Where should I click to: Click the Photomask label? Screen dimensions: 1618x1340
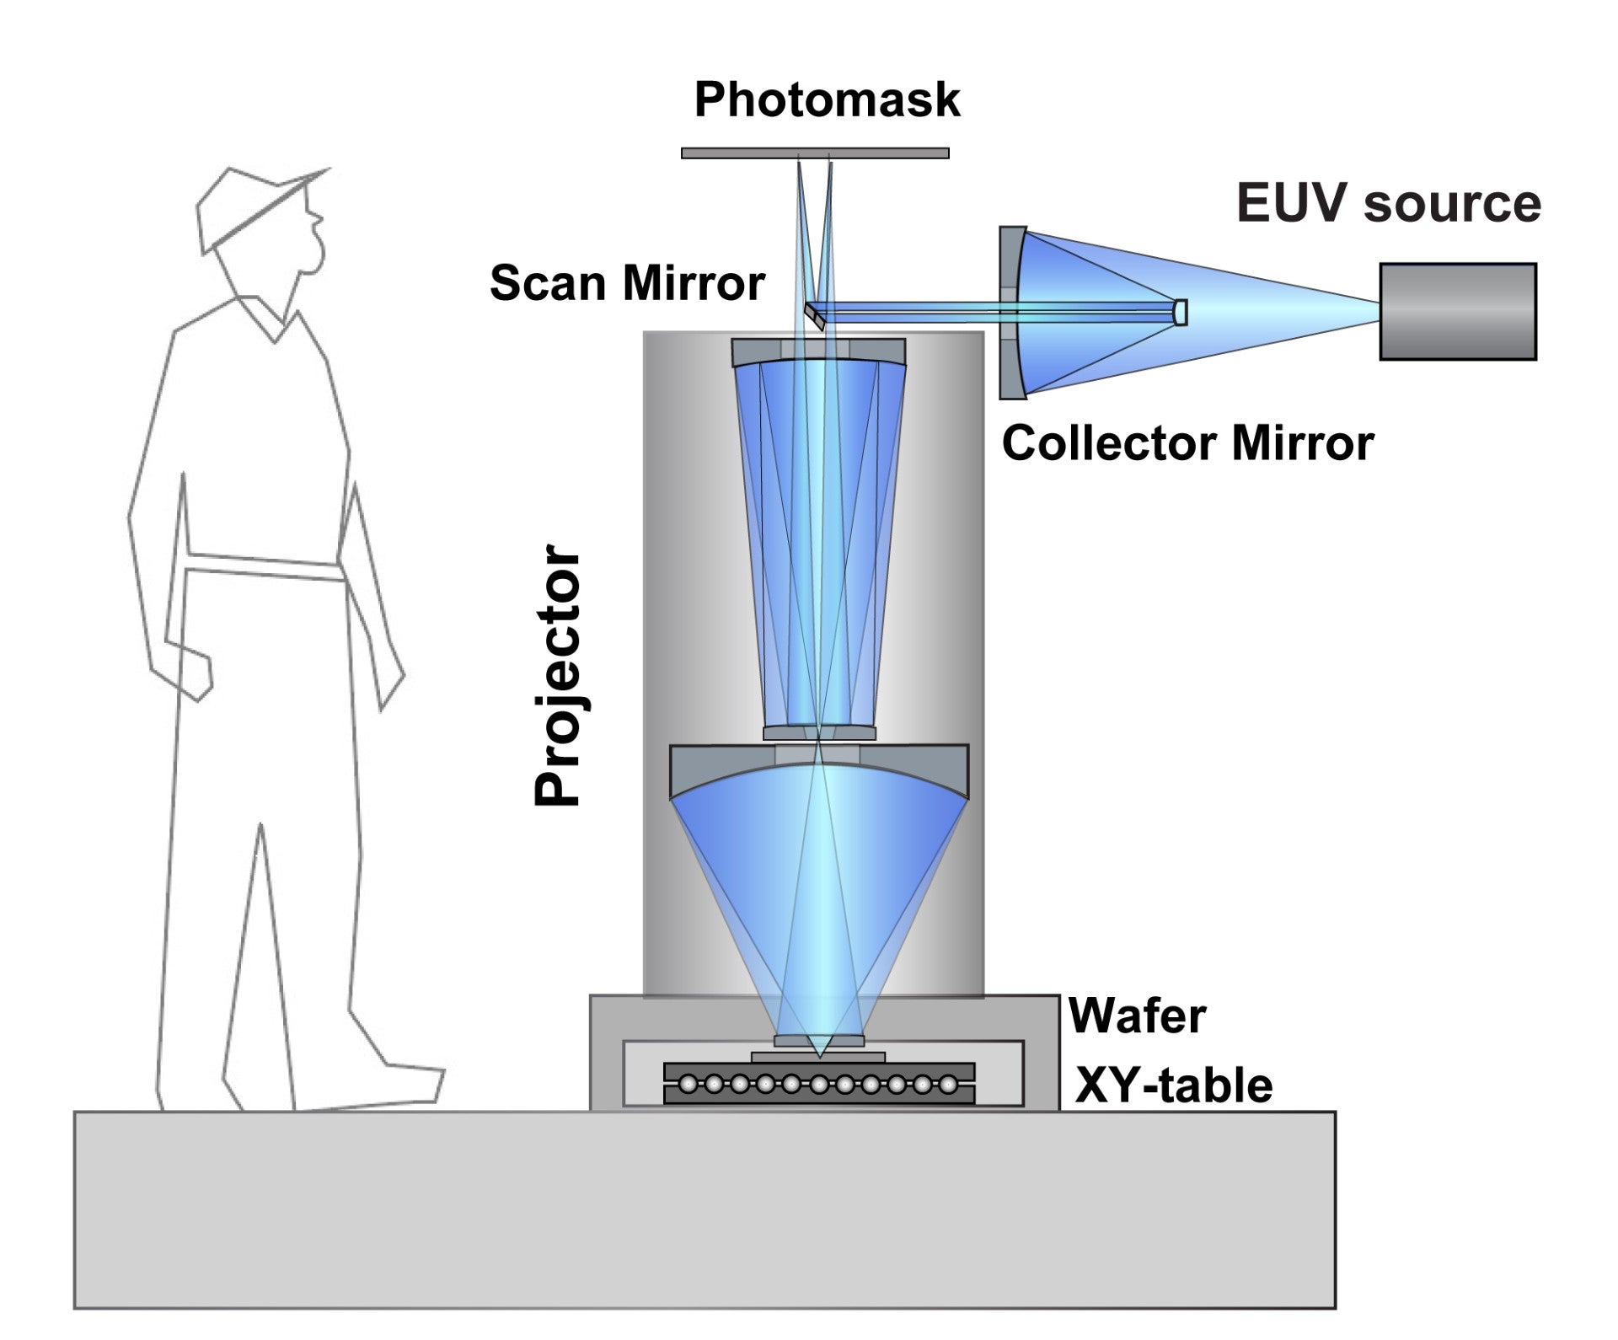[x=827, y=100]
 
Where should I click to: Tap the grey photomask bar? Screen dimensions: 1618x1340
[x=815, y=153]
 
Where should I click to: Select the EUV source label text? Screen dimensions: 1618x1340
[x=1389, y=204]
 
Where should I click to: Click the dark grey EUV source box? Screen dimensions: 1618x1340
[x=1458, y=312]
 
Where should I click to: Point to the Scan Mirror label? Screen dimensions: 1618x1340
[x=627, y=282]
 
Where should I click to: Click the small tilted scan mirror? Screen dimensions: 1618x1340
[x=814, y=316]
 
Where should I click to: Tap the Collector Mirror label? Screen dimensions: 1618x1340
[x=1187, y=442]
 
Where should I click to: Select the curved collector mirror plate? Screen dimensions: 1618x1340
[x=1012, y=313]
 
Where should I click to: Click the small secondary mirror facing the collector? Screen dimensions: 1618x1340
[x=1181, y=312]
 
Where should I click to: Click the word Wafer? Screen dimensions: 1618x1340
[x=1137, y=1016]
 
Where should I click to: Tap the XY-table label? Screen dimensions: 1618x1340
[x=1174, y=1085]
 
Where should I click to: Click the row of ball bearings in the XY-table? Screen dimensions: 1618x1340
[x=818, y=1084]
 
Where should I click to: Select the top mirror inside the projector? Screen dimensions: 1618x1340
[x=818, y=352]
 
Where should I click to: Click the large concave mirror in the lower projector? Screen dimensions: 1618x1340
[x=819, y=771]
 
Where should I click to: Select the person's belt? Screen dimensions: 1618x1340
[x=263, y=565]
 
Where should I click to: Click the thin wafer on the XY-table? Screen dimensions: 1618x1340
[x=818, y=1057]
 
